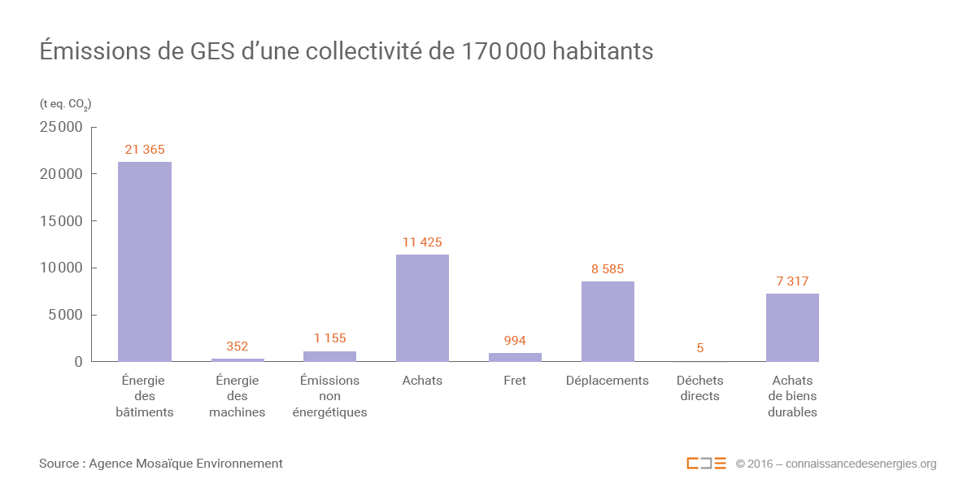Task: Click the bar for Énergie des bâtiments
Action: click(x=145, y=262)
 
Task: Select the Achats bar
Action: click(x=422, y=308)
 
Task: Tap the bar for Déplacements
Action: click(x=608, y=321)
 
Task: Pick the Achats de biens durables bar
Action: click(x=792, y=328)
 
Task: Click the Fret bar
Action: click(x=515, y=357)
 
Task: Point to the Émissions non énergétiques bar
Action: click(x=329, y=356)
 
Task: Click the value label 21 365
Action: click(x=145, y=150)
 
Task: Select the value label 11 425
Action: click(x=422, y=242)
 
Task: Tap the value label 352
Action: click(x=237, y=346)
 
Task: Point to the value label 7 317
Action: click(x=792, y=281)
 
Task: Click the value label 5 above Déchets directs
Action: click(x=699, y=348)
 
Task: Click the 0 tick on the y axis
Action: click(x=79, y=362)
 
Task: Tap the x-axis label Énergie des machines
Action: click(x=237, y=396)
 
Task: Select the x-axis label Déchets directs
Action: click(x=699, y=388)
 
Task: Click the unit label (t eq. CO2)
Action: click(x=65, y=104)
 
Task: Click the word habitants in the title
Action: click(x=603, y=51)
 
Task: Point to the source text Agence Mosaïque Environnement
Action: click(x=185, y=464)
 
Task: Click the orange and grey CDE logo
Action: click(x=706, y=464)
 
